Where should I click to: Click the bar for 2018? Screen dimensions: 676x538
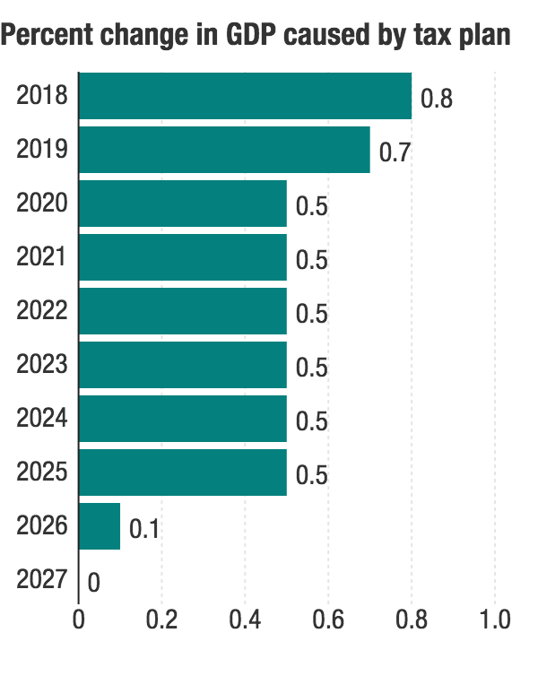[x=245, y=96]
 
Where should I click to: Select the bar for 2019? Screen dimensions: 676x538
[x=224, y=150]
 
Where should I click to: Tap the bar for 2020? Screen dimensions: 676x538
[x=183, y=204]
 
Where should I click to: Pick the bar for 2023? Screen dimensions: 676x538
[x=183, y=365]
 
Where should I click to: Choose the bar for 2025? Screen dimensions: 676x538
[x=183, y=472]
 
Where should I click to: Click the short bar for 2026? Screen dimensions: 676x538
[x=100, y=526]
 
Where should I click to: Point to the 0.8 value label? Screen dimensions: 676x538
[x=437, y=98]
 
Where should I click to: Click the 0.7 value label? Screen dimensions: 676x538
[x=395, y=152]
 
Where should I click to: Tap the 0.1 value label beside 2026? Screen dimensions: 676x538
[x=144, y=528]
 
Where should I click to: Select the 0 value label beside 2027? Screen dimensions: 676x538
[x=93, y=584]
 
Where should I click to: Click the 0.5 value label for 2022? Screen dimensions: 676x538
[x=312, y=313]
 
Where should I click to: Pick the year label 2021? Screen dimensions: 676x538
[x=42, y=257]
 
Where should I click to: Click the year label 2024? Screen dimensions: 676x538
[x=42, y=419]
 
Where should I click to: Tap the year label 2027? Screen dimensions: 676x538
[x=42, y=580]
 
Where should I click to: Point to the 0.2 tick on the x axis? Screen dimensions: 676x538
[x=161, y=620]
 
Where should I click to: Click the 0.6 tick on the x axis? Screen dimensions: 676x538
[x=328, y=620]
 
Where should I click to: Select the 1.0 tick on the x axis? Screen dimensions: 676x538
[x=495, y=620]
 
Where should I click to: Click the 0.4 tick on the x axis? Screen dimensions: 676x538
[x=245, y=620]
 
